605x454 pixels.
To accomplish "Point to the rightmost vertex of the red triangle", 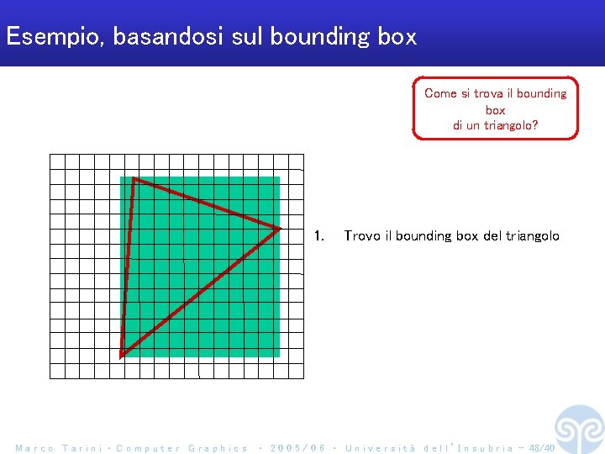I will tap(279, 228).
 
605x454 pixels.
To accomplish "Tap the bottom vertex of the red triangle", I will tap(122, 355).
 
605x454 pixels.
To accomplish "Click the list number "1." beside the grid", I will tap(318, 236).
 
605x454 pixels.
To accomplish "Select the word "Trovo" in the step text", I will tap(362, 236).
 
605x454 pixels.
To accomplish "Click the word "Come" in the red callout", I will tap(439, 93).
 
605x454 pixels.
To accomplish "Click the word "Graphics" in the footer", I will tap(218, 448).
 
